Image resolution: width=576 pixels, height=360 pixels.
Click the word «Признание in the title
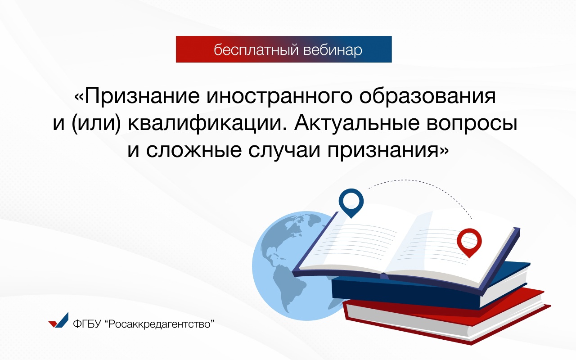click(x=137, y=96)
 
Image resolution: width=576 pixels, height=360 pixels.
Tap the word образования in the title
click(x=427, y=96)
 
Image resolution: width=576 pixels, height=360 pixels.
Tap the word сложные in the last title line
click(x=194, y=150)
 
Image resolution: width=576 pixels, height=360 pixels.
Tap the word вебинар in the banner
click(x=333, y=50)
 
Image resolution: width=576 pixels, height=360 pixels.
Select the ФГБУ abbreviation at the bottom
click(x=87, y=324)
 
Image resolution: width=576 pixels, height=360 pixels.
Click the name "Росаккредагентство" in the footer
click(x=160, y=324)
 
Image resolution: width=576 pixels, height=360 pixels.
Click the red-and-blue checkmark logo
click(x=58, y=320)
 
